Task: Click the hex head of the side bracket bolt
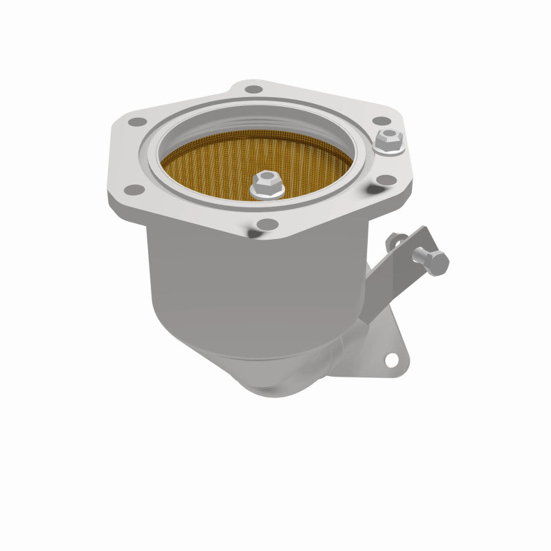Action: (x=437, y=262)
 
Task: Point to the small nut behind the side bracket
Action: (x=395, y=240)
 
